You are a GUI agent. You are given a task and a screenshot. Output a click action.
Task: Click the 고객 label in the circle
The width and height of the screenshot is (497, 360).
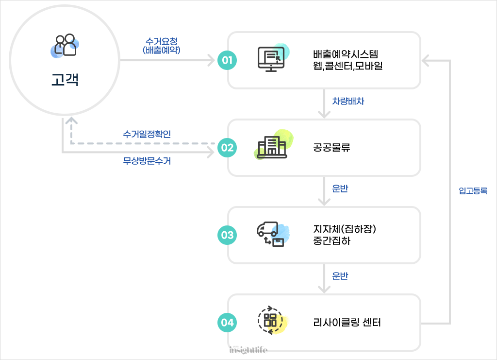(x=65, y=79)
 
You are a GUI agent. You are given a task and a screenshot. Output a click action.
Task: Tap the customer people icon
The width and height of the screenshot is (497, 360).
(x=66, y=45)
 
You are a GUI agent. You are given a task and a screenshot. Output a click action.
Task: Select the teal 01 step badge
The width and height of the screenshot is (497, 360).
(x=227, y=60)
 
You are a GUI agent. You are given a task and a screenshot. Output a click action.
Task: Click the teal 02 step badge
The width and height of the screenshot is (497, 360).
(x=227, y=147)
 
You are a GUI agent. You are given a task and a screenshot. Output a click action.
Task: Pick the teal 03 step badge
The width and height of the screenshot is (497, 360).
(x=227, y=235)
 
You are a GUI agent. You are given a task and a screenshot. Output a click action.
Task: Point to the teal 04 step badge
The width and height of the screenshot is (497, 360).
(x=227, y=322)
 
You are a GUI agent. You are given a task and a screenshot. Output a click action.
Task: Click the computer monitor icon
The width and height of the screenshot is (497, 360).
(x=271, y=59)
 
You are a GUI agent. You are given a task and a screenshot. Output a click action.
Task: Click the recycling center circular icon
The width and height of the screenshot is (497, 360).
(x=270, y=320)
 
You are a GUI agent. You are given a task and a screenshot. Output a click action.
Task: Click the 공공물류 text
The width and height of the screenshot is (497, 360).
(x=331, y=148)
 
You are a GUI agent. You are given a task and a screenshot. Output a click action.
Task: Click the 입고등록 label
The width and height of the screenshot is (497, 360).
(x=473, y=191)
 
